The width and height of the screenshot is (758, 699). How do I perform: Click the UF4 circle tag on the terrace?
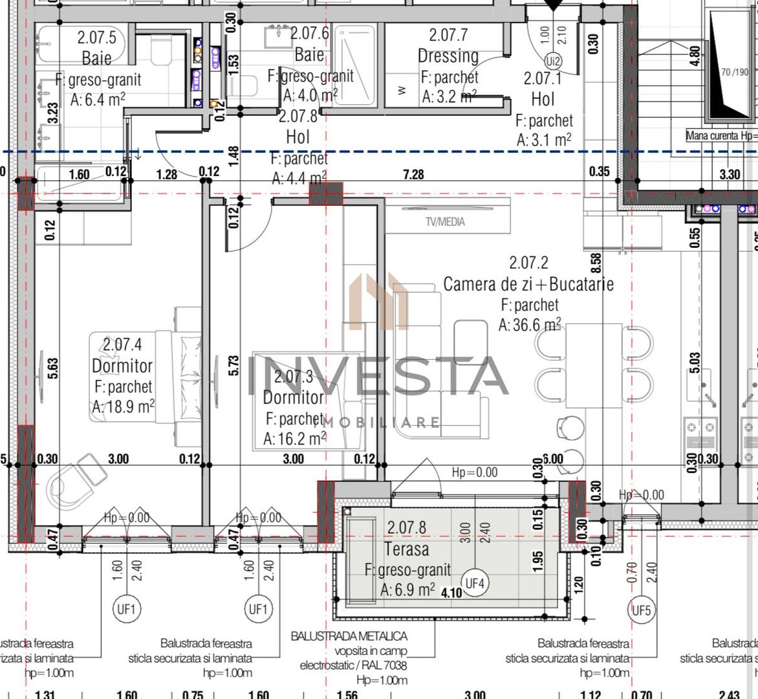pyautogui.click(x=475, y=584)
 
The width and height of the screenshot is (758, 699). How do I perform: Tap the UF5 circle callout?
pyautogui.click(x=641, y=610)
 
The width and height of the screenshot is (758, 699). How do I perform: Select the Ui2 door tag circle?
pyautogui.click(x=553, y=61)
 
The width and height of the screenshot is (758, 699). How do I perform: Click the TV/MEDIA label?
pyautogui.click(x=445, y=222)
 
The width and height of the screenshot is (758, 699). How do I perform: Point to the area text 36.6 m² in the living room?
pyautogui.click(x=530, y=325)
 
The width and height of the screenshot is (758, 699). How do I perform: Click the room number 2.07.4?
pyautogui.click(x=122, y=344)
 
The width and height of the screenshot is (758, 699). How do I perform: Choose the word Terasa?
pyautogui.click(x=406, y=549)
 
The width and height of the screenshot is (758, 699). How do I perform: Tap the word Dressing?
pyautogui.click(x=448, y=56)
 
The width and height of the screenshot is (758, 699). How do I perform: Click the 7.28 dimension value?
pyautogui.click(x=413, y=174)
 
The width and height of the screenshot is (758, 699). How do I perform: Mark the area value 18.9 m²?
pyautogui.click(x=123, y=407)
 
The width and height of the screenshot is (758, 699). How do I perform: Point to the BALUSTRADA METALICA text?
pyautogui.click(x=349, y=636)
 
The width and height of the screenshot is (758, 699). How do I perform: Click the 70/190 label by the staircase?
pyautogui.click(x=735, y=72)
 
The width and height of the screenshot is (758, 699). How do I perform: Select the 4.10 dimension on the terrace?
pyautogui.click(x=451, y=592)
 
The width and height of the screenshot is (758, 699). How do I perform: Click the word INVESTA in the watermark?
pyautogui.click(x=378, y=377)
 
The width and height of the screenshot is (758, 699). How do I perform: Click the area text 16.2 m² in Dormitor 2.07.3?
pyautogui.click(x=294, y=439)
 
